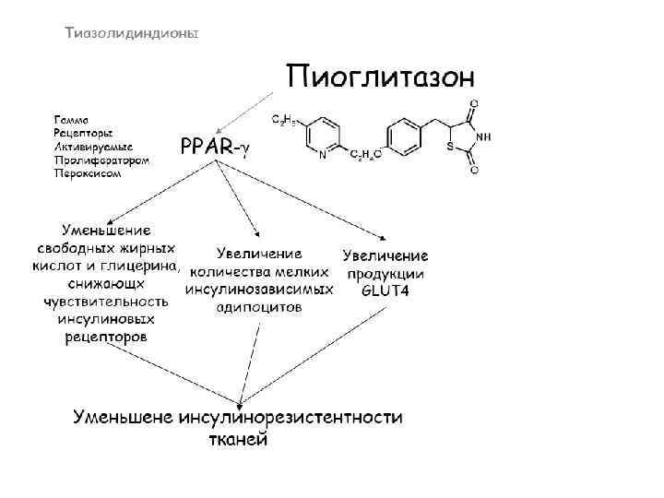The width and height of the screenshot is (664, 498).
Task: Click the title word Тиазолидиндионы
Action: [130, 34]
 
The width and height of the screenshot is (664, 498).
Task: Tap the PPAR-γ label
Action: [215, 147]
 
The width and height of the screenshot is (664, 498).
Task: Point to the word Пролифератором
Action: [101, 160]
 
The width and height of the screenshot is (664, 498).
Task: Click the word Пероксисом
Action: [87, 172]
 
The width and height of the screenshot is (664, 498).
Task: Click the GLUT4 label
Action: [385, 290]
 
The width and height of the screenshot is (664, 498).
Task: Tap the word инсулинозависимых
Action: [259, 290]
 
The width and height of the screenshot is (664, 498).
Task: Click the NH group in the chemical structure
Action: [482, 136]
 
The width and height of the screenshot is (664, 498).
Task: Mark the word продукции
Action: [385, 273]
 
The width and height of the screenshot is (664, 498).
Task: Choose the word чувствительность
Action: [106, 302]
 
